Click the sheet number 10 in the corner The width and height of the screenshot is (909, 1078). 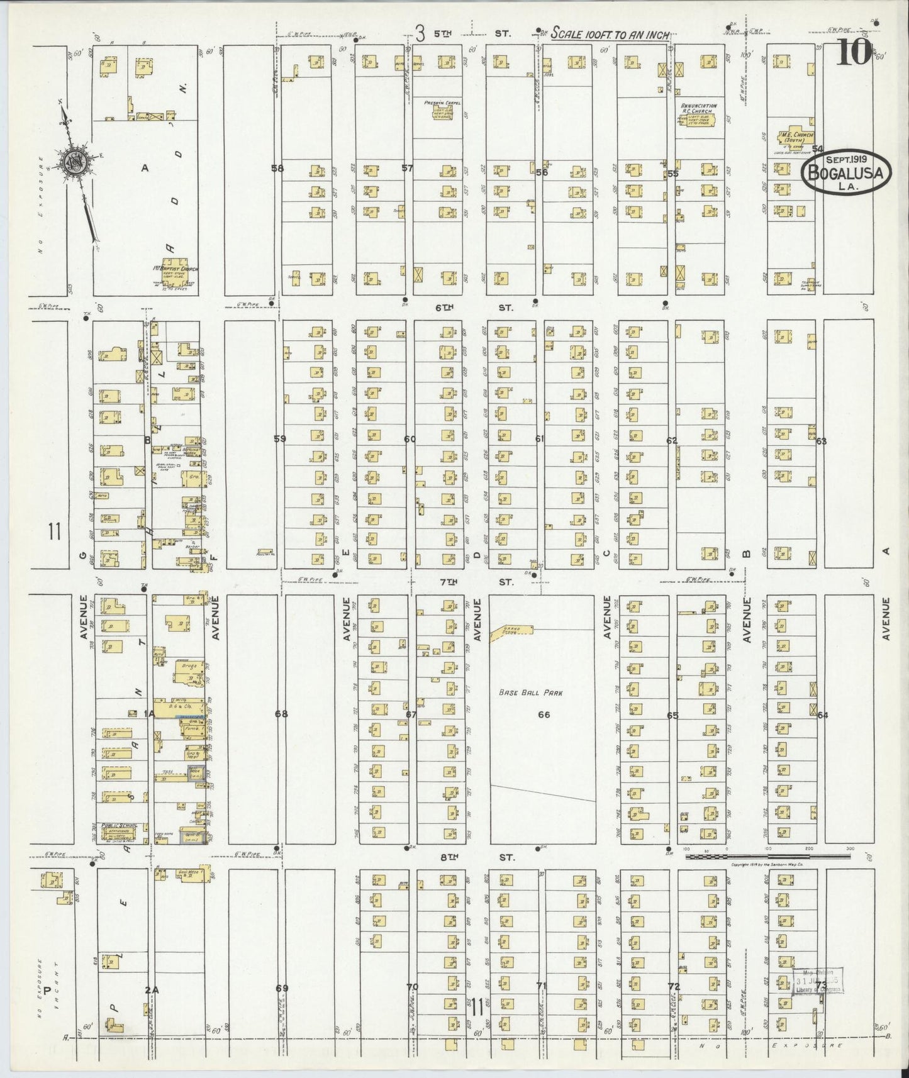coord(854,53)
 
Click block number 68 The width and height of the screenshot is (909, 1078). coord(281,714)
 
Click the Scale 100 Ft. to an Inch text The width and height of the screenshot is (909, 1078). coord(610,36)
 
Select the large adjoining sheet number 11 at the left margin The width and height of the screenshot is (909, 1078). coord(53,533)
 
